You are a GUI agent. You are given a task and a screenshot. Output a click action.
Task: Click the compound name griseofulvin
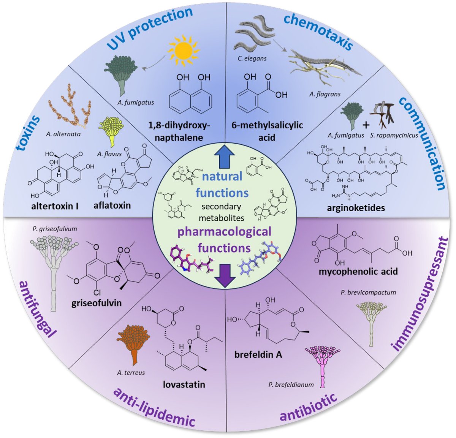click(97, 303)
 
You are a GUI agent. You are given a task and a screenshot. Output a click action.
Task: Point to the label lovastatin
click(184, 384)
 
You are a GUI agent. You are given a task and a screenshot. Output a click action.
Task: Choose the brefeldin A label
click(258, 354)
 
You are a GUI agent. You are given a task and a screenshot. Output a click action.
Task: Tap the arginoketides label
click(356, 208)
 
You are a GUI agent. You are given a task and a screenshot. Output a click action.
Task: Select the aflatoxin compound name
click(112, 205)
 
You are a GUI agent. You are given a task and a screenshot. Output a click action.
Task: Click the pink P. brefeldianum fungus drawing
click(323, 365)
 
